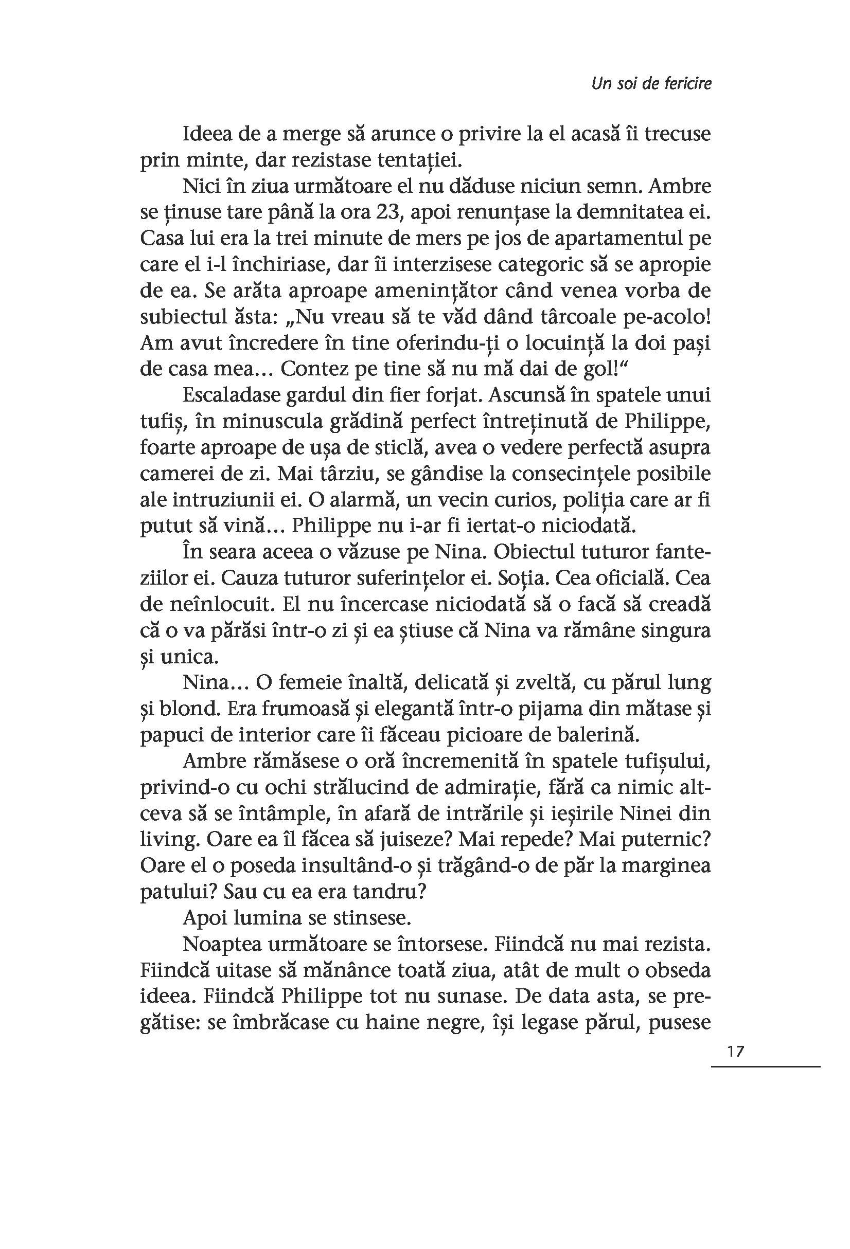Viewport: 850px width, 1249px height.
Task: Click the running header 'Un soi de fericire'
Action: [x=650, y=84]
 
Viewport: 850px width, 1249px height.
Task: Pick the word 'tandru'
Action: [x=396, y=891]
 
